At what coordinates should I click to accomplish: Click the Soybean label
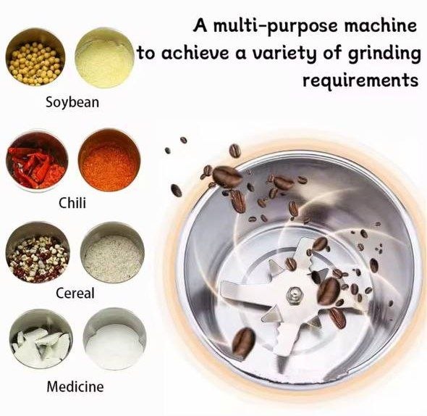[72, 103]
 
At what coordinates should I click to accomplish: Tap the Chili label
[72, 203]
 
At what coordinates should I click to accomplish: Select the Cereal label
[75, 294]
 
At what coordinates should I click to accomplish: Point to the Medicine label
[75, 386]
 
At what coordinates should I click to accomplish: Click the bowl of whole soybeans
[35, 57]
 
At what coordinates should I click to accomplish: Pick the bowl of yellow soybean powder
[104, 57]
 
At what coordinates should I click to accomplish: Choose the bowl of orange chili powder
[109, 160]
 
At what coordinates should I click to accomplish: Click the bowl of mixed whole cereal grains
[38, 253]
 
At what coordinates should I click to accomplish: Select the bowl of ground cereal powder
[112, 253]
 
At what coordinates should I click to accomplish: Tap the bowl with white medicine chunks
[41, 340]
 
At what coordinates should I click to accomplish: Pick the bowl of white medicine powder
[114, 339]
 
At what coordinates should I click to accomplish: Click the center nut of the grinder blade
[295, 296]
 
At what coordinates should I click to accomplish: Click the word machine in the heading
[380, 25]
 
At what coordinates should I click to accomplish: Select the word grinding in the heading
[384, 54]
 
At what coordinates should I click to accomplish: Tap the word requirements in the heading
[361, 80]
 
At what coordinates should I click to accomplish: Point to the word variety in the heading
[284, 53]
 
